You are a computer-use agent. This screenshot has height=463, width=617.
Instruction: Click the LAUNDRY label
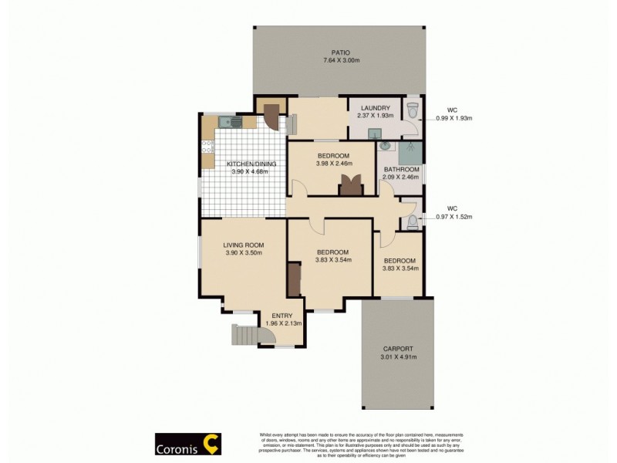click(374, 108)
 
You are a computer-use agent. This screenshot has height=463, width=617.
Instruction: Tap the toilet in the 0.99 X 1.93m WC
click(413, 110)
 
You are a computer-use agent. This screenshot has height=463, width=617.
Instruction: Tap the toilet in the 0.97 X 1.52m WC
click(413, 222)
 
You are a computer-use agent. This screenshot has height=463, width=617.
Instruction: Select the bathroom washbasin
click(386, 147)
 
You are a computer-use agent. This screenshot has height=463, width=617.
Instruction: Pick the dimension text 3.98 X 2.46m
click(333, 164)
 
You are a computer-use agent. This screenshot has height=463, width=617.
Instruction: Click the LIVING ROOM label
click(244, 245)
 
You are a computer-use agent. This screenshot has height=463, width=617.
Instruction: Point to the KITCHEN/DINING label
click(248, 164)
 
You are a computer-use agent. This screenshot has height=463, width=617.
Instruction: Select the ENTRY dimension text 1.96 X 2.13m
click(282, 323)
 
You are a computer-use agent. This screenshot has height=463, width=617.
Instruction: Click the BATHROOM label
click(400, 169)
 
